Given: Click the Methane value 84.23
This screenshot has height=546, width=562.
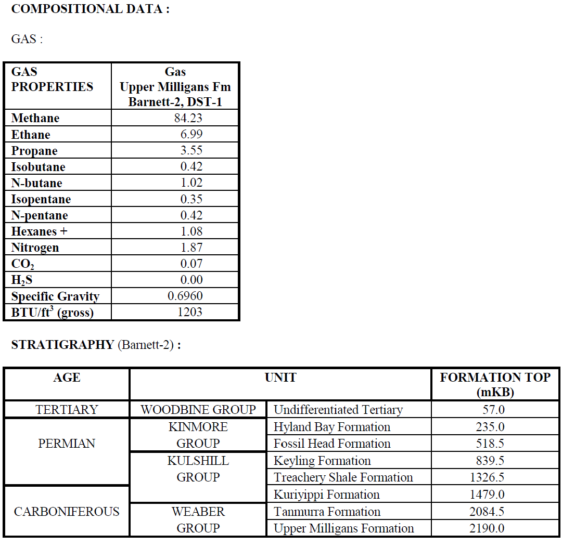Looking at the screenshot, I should [188, 118].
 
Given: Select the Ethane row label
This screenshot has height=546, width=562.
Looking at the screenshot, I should [31, 135].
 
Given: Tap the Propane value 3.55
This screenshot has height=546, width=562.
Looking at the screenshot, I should [191, 150].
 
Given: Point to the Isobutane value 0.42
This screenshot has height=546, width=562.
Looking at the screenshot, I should [191, 166].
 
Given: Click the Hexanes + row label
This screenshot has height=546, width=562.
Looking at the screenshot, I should [39, 231].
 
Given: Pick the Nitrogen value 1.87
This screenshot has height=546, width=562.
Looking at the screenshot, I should [191, 248].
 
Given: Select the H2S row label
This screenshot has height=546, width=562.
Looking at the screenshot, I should [22, 280].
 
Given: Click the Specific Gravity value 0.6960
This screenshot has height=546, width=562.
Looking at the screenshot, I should [185, 296].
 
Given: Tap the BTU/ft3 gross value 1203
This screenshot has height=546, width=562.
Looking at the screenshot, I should [189, 312].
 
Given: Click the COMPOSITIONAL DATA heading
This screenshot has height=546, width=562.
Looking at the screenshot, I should [90, 9].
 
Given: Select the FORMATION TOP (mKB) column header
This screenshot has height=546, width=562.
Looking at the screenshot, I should [495, 385].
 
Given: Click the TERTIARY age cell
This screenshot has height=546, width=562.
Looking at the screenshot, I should [67, 410].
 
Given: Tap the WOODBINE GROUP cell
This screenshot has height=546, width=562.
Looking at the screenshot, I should [198, 410].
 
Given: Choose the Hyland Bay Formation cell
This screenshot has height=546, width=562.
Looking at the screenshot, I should [332, 427].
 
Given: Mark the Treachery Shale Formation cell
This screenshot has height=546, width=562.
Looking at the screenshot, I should [343, 477].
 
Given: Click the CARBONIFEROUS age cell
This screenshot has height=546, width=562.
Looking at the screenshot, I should [67, 512].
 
